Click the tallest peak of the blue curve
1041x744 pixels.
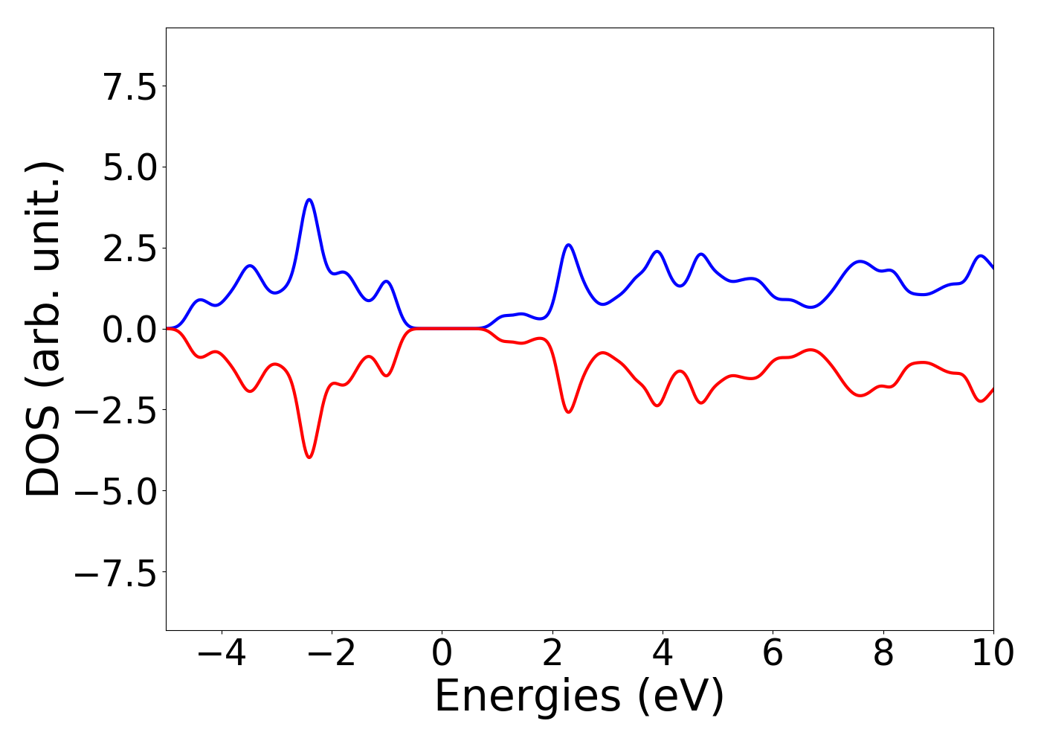pyautogui.click(x=309, y=199)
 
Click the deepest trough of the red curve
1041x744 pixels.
pyautogui.click(x=309, y=457)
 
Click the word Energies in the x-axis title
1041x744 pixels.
pyautogui.click(x=527, y=698)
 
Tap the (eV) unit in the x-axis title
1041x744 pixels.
pyautogui.click(x=681, y=698)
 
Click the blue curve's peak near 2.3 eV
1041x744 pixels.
pyautogui.click(x=569, y=245)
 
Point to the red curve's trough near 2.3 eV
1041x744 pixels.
pyautogui.click(x=569, y=412)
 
